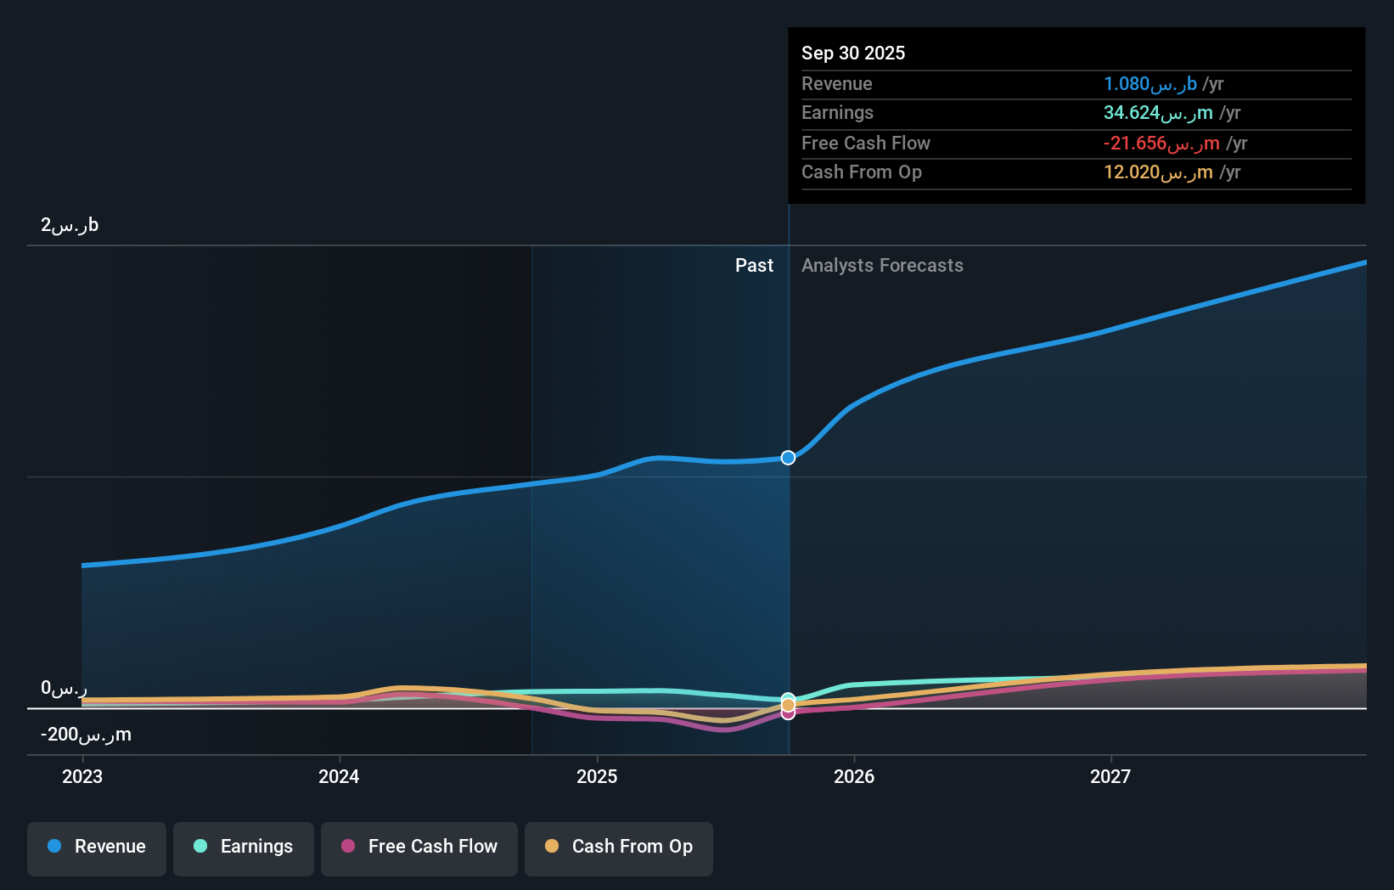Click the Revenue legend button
point(97,847)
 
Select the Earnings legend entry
point(244,847)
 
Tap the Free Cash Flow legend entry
point(419,847)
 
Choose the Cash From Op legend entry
point(619,847)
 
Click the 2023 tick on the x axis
point(82,776)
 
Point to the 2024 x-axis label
point(339,776)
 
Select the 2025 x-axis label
point(597,776)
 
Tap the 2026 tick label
point(854,776)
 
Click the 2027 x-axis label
point(1110,776)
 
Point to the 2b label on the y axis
point(70,225)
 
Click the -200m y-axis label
point(86,735)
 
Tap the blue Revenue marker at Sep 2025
point(788,458)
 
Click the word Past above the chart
point(754,266)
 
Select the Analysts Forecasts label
point(882,266)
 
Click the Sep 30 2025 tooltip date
point(853,53)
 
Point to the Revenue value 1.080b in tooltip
point(1149,83)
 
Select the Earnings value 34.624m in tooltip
point(1157,113)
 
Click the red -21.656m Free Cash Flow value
point(1161,144)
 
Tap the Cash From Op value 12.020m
point(1157,172)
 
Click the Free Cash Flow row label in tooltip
point(865,144)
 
